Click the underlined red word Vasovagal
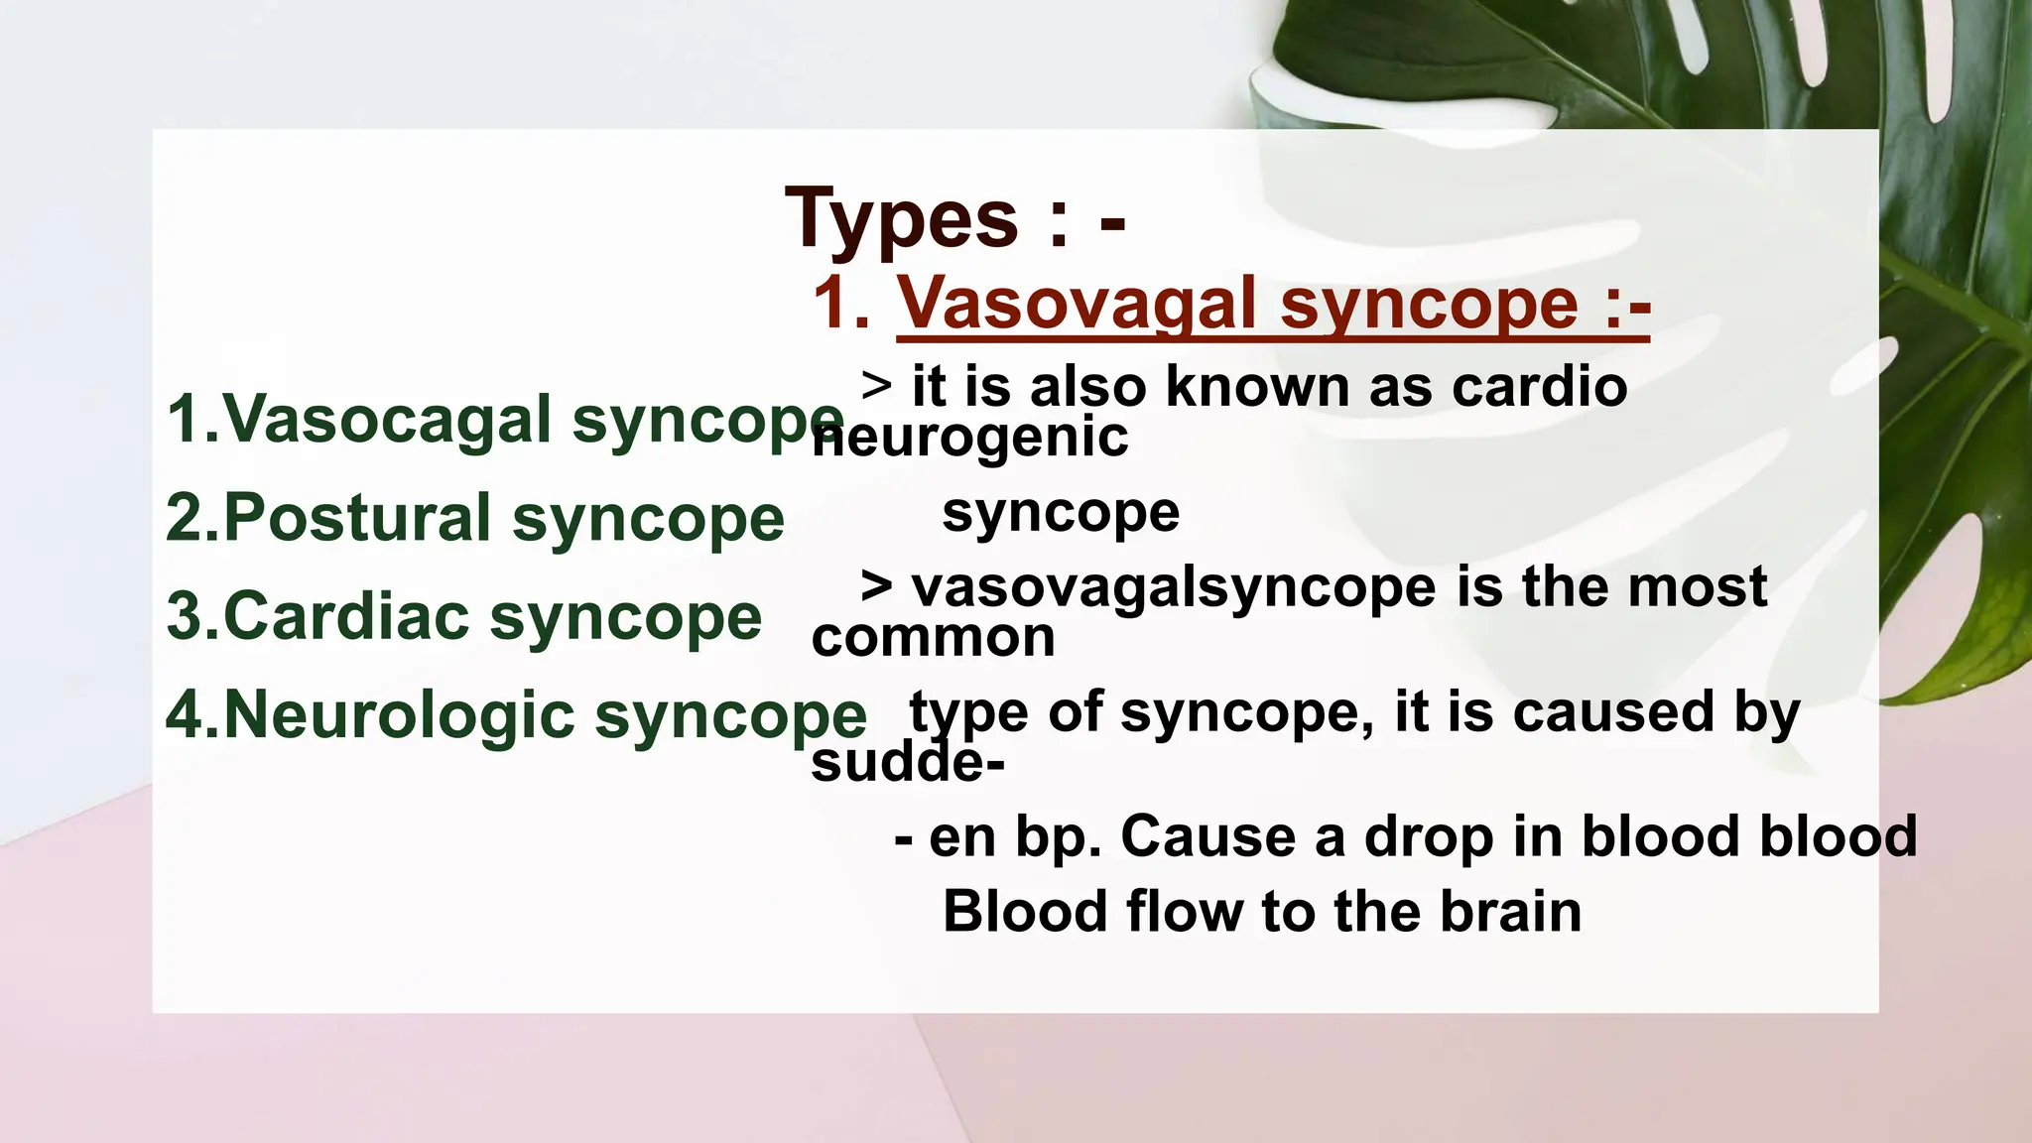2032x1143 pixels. coord(1077,304)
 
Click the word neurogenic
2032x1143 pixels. coord(970,437)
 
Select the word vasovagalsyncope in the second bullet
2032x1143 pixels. coord(1174,586)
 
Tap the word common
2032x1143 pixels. coord(933,637)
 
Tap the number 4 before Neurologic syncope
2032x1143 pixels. coord(185,714)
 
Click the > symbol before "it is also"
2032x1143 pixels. coord(876,384)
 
